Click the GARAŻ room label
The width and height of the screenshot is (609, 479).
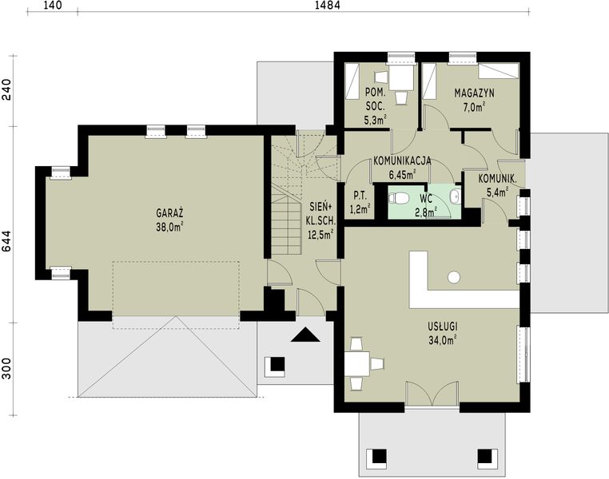pyautogui.click(x=171, y=214)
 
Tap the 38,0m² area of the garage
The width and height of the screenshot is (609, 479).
pyautogui.click(x=171, y=227)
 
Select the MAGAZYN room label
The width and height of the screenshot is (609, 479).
pyautogui.click(x=474, y=93)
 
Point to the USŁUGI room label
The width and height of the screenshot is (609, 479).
pyautogui.click(x=441, y=327)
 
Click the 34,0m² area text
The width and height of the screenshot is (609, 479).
pyautogui.click(x=441, y=339)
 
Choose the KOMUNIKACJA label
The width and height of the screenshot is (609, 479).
pyautogui.click(x=402, y=160)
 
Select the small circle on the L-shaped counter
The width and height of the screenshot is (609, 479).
pyautogui.click(x=454, y=277)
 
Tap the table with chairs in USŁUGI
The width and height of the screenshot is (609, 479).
pyautogui.click(x=364, y=364)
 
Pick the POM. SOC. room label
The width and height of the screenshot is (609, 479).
pyautogui.click(x=375, y=99)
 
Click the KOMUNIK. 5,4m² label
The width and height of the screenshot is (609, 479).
pyautogui.click(x=501, y=184)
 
